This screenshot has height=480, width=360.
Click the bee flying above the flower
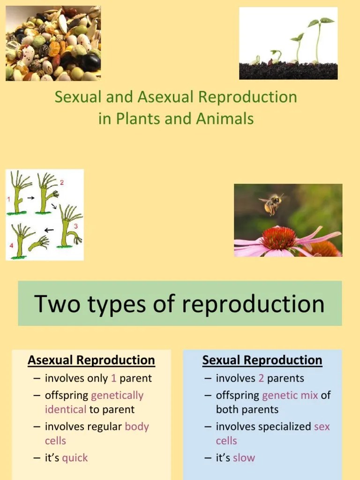click(x=272, y=203)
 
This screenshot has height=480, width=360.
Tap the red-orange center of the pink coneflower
click(x=278, y=238)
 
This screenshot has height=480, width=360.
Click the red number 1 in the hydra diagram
click(x=8, y=199)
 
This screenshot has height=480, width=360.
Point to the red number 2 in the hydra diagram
click(x=61, y=182)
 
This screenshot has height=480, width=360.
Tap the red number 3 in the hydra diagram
click(x=75, y=226)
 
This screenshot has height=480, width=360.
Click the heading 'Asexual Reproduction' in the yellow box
click(x=91, y=360)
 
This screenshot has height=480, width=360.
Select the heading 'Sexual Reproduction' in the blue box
click(x=262, y=360)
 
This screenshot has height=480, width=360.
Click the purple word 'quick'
click(x=75, y=458)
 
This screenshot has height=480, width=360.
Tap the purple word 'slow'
click(x=244, y=458)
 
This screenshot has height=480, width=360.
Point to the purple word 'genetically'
click(x=117, y=396)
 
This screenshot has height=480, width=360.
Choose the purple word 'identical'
click(x=65, y=409)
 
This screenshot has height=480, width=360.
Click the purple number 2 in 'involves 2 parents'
click(x=261, y=378)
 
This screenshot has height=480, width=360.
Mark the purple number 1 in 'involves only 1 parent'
click(x=113, y=378)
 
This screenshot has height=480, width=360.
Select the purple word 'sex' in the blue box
click(x=322, y=427)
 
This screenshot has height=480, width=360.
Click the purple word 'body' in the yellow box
click(x=137, y=427)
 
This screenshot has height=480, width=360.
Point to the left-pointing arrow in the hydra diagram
click(x=49, y=230)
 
